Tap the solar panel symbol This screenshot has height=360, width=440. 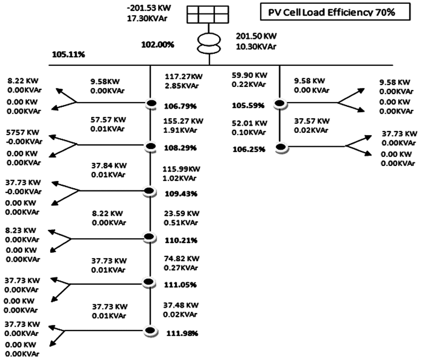click(209, 15)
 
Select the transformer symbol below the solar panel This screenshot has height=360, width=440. click(209, 42)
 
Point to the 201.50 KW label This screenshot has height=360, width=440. click(255, 37)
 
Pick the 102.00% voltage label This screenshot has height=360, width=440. click(158, 44)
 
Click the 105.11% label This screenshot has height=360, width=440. click(68, 54)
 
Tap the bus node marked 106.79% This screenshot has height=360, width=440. click(151, 103)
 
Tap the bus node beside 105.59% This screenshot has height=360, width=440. click(280, 103)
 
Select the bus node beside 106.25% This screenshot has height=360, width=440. click(280, 146)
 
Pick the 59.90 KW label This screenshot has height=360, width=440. click(249, 75)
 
